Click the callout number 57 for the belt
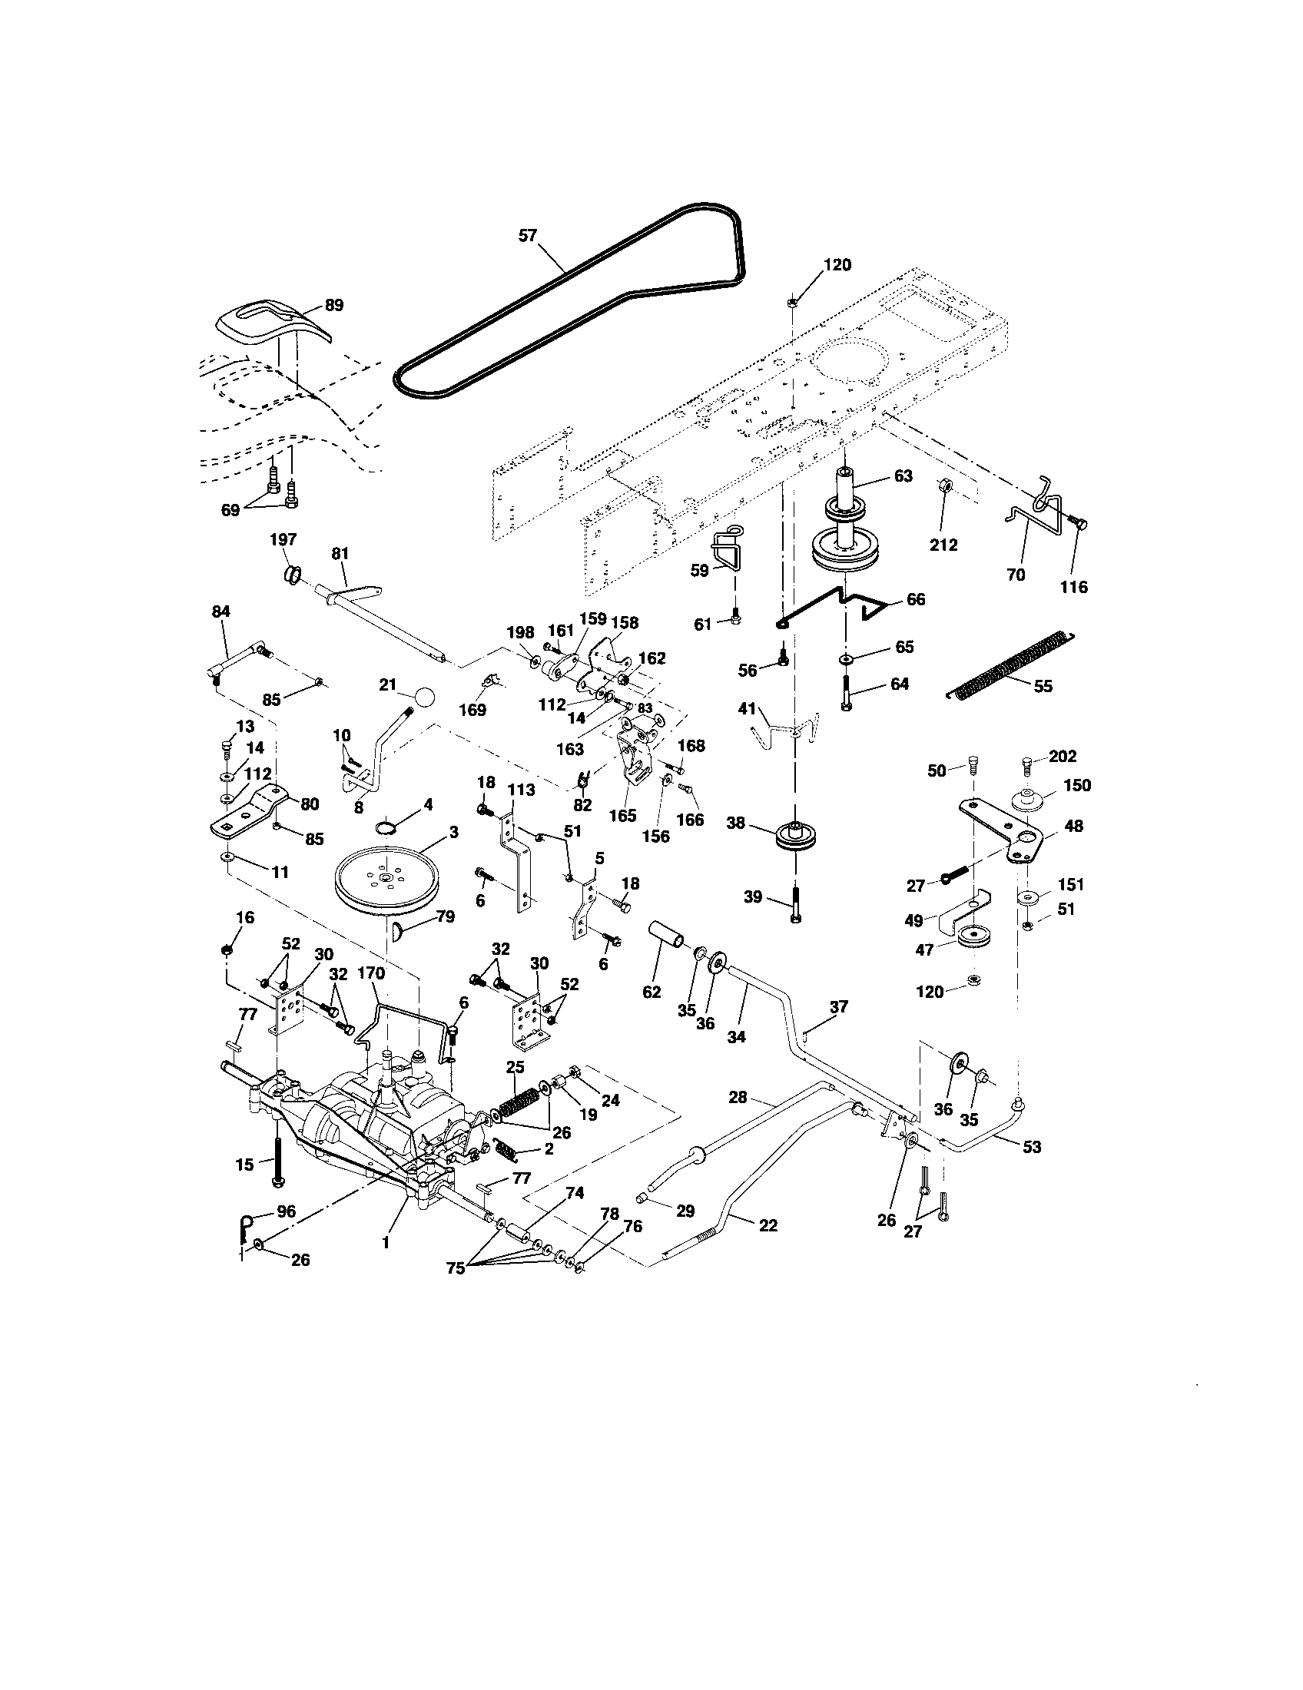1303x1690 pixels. tap(527, 236)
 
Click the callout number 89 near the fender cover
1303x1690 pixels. tap(333, 305)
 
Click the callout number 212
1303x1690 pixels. tap(943, 545)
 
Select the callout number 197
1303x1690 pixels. tap(283, 539)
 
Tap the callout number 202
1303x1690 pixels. tap(1063, 756)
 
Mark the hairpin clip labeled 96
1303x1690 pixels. tap(246, 1224)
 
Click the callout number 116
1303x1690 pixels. tap(1073, 587)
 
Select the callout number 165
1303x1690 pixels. tap(623, 816)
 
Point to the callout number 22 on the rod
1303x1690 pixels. tap(768, 1226)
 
